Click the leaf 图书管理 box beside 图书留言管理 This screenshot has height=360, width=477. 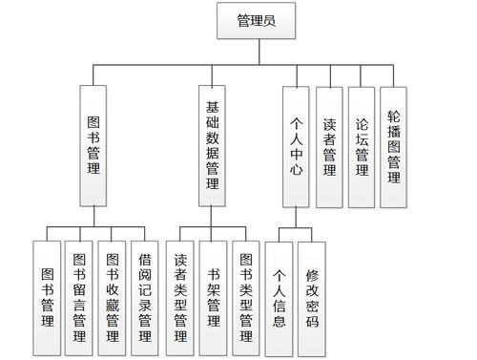click(46, 297)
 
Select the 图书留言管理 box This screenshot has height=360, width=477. click(78, 297)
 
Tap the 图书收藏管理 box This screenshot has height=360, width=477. click(112, 297)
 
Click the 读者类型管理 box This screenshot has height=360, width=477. click(180, 297)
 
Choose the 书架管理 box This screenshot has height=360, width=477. click(213, 297)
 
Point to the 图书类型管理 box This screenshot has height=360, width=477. click(245, 297)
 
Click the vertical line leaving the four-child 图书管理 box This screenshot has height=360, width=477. click(93, 217)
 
